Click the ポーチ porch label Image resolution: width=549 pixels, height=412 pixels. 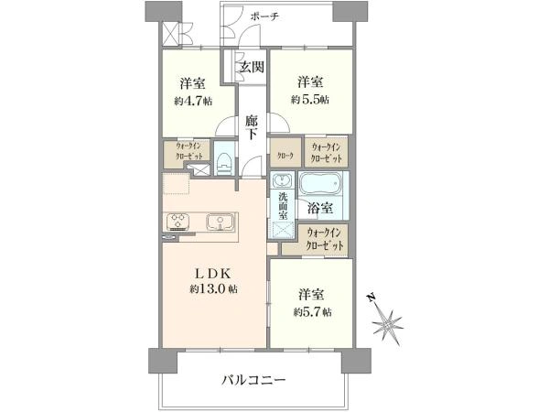tap(264, 16)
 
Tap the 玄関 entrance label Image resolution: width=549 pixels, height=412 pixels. tap(252, 67)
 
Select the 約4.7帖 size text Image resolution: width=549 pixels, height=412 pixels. tap(193, 102)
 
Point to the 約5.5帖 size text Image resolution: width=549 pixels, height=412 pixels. tap(310, 100)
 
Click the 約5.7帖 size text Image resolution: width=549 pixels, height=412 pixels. tap(312, 312)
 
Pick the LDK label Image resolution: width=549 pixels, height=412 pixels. tap(212, 273)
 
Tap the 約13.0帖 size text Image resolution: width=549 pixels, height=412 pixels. tap(213, 289)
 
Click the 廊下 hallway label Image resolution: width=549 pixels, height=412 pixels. tap(251, 128)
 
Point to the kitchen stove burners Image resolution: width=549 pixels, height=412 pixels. tap(178, 221)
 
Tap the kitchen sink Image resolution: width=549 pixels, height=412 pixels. tap(220, 222)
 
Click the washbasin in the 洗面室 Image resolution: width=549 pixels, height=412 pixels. tap(282, 181)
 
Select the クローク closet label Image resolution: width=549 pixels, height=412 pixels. tap(285, 156)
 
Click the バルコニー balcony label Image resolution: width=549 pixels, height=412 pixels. tap(253, 380)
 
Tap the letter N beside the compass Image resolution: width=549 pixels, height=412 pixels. tap(371, 298)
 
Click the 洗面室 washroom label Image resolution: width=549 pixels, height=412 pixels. tap(283, 206)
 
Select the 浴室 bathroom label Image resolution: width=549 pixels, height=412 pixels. tap(320, 209)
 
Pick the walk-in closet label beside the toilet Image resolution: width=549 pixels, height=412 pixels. tap(188, 151)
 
